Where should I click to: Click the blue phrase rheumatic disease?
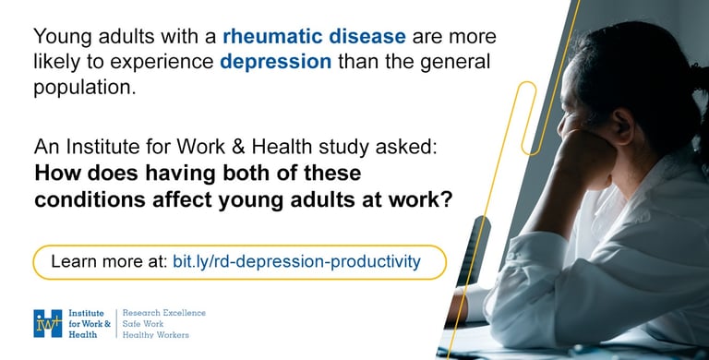(x=314, y=36)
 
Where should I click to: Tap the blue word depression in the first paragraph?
(x=276, y=62)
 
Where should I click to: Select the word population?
(x=85, y=88)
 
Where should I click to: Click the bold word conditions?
(x=90, y=199)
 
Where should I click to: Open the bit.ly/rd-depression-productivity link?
(x=296, y=261)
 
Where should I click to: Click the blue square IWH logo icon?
(x=47, y=323)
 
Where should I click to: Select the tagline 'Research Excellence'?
(x=164, y=313)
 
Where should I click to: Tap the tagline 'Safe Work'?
(x=143, y=324)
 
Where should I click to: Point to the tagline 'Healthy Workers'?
(x=155, y=335)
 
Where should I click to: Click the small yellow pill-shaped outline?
(x=529, y=118)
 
